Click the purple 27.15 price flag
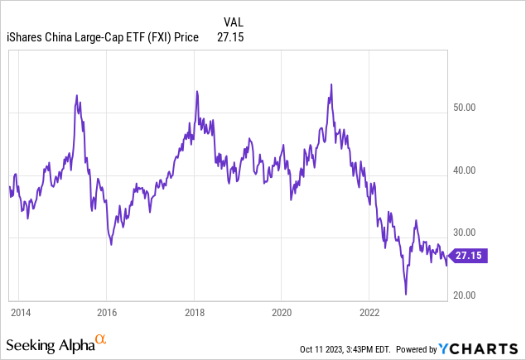point(472,257)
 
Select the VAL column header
point(234,22)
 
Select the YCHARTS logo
point(490,348)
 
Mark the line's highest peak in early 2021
point(331,84)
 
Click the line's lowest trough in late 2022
point(406,294)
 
